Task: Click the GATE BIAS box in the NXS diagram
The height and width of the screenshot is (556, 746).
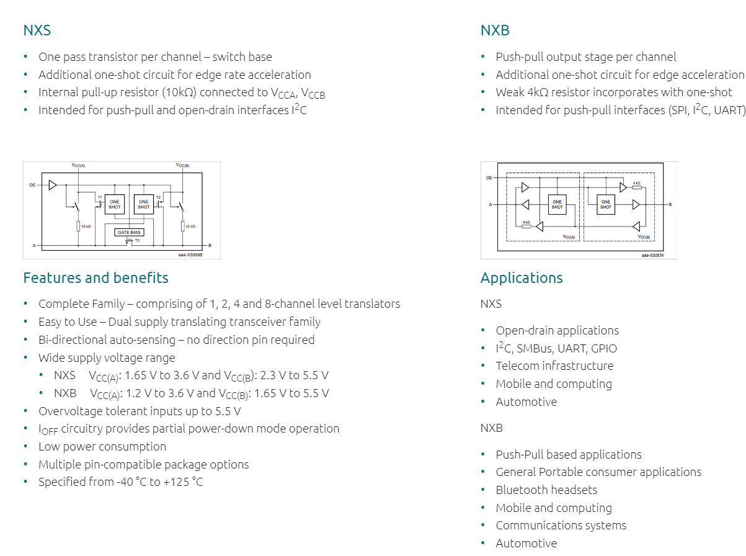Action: pos(129,232)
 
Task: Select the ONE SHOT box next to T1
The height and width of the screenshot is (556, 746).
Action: pos(115,204)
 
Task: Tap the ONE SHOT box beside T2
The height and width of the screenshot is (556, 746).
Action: pos(144,204)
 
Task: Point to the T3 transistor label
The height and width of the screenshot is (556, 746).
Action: pos(137,240)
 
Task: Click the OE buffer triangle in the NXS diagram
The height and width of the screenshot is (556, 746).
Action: pos(53,185)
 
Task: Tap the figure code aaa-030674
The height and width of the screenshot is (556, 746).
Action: pos(652,255)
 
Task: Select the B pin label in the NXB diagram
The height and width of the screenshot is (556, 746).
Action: pos(670,204)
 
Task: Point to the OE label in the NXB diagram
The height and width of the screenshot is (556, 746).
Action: pos(489,178)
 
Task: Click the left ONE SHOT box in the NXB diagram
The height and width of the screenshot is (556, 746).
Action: pos(557,204)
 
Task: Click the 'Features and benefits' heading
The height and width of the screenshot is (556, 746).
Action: pos(95,277)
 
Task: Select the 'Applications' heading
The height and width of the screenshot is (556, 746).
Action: pos(522,277)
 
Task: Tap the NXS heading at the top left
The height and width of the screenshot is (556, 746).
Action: pos(37,30)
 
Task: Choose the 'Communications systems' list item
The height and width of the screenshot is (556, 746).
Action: pos(561,525)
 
